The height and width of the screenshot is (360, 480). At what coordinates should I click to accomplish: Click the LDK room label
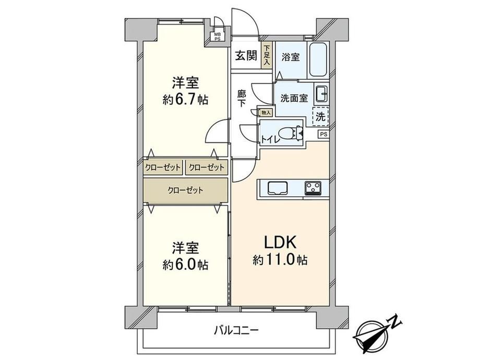(x=280, y=243)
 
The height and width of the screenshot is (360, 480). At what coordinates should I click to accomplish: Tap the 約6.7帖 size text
(x=185, y=99)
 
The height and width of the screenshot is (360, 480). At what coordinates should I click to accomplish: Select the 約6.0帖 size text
(x=185, y=265)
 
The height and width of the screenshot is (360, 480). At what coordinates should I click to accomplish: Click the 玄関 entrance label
(x=246, y=56)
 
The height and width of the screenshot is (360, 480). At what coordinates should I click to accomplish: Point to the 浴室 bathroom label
(x=290, y=57)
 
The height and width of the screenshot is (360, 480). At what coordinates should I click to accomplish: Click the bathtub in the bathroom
(x=318, y=60)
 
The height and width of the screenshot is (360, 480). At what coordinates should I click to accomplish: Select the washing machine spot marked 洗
(x=320, y=116)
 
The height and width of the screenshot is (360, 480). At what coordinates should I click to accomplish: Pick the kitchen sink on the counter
(x=278, y=188)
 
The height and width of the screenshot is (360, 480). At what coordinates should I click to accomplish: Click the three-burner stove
(x=313, y=188)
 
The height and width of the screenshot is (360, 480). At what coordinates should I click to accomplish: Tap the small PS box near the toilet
(x=323, y=134)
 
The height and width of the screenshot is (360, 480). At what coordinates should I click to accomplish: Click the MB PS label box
(x=217, y=37)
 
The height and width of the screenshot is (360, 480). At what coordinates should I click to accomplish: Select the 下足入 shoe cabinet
(x=267, y=55)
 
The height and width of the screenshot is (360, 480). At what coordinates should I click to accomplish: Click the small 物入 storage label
(x=266, y=113)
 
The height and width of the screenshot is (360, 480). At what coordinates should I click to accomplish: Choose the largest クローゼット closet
(x=186, y=190)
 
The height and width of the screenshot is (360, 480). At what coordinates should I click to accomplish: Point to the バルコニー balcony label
(x=236, y=330)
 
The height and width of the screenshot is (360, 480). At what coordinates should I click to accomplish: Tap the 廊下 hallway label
(x=242, y=98)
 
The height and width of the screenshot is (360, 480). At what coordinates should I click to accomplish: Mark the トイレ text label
(x=270, y=139)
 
